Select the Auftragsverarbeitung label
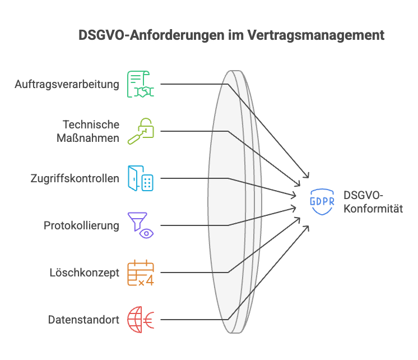coord(67,85)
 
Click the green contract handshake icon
coord(140,84)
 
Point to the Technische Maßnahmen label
coord(91,131)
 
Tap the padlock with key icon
coord(140,131)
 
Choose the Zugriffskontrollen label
coord(75,179)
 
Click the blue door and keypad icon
coord(140,179)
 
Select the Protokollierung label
coord(82,226)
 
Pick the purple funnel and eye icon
coord(140,225)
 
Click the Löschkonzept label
coord(85,273)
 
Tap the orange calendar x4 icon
coord(140,273)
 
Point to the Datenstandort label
coord(83,320)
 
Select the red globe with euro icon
coord(140,320)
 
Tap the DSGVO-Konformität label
coord(373,202)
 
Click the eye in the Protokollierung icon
coord(147,232)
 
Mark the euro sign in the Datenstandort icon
coord(149,320)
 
